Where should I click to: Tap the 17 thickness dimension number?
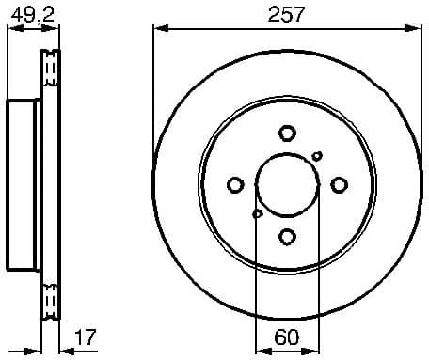(x=86, y=336)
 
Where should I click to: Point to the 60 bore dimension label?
(x=287, y=336)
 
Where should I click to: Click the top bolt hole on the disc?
(x=287, y=133)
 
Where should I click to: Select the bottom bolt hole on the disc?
(x=287, y=237)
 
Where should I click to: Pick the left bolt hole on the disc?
(x=235, y=185)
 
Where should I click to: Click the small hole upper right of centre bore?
(x=317, y=156)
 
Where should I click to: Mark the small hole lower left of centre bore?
(x=257, y=213)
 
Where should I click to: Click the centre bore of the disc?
(x=287, y=185)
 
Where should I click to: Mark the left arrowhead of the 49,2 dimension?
(x=12, y=28)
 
